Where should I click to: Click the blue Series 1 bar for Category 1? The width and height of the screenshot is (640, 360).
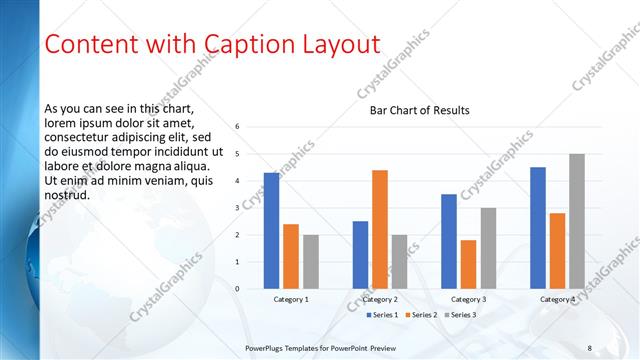pyautogui.click(x=271, y=231)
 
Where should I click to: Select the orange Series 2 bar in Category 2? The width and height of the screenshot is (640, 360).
pyautogui.click(x=380, y=230)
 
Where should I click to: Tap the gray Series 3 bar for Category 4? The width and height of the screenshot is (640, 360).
pyautogui.click(x=577, y=221)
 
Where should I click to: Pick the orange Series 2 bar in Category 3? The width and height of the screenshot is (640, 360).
pyautogui.click(x=469, y=264)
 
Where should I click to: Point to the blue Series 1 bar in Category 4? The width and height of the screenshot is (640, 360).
pyautogui.click(x=538, y=228)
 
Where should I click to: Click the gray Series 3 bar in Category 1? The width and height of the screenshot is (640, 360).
pyautogui.click(x=311, y=262)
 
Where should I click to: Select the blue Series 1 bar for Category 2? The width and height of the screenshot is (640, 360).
pyautogui.click(x=360, y=255)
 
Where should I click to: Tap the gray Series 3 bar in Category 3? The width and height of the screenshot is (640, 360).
pyautogui.click(x=488, y=248)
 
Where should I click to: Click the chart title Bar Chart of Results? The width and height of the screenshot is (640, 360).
pyautogui.click(x=413, y=110)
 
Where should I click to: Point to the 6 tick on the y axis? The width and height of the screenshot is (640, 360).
pyautogui.click(x=238, y=127)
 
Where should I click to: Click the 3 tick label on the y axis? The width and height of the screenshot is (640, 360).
pyautogui.click(x=238, y=208)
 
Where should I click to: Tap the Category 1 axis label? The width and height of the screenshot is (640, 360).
pyautogui.click(x=291, y=299)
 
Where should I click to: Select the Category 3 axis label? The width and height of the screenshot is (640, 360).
pyautogui.click(x=468, y=299)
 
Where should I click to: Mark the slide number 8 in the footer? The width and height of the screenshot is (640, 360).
pyautogui.click(x=590, y=348)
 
